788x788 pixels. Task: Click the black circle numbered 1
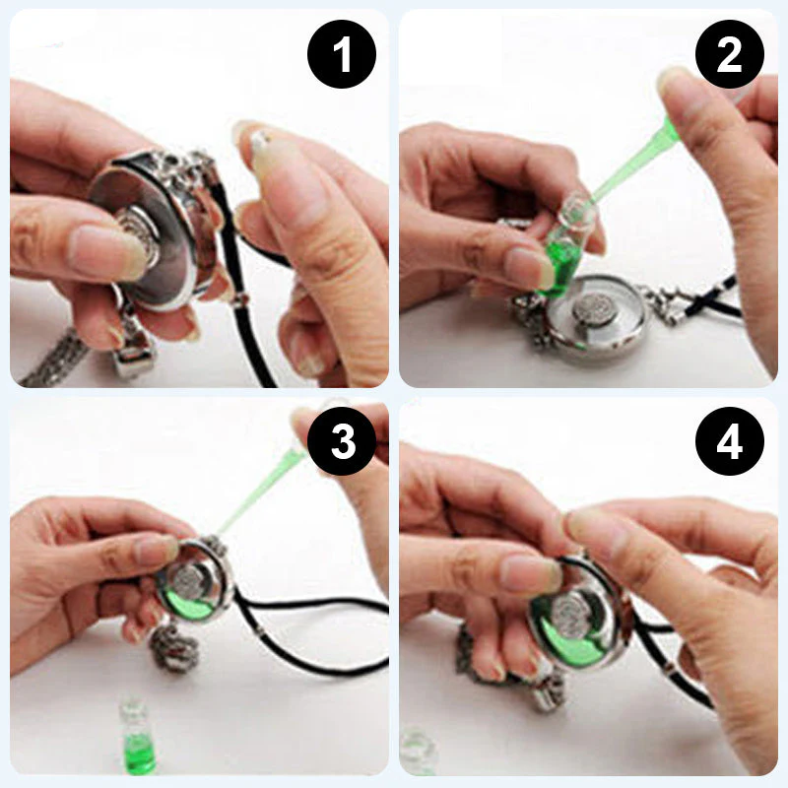click(x=342, y=54)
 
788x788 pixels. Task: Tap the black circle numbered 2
click(x=730, y=54)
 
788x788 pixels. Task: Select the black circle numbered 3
click(x=342, y=441)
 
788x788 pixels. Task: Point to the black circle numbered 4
click(x=730, y=441)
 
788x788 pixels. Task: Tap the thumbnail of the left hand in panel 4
click(x=532, y=573)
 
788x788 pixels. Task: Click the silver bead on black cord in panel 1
click(x=240, y=300)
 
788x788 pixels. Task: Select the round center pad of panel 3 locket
click(x=187, y=579)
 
